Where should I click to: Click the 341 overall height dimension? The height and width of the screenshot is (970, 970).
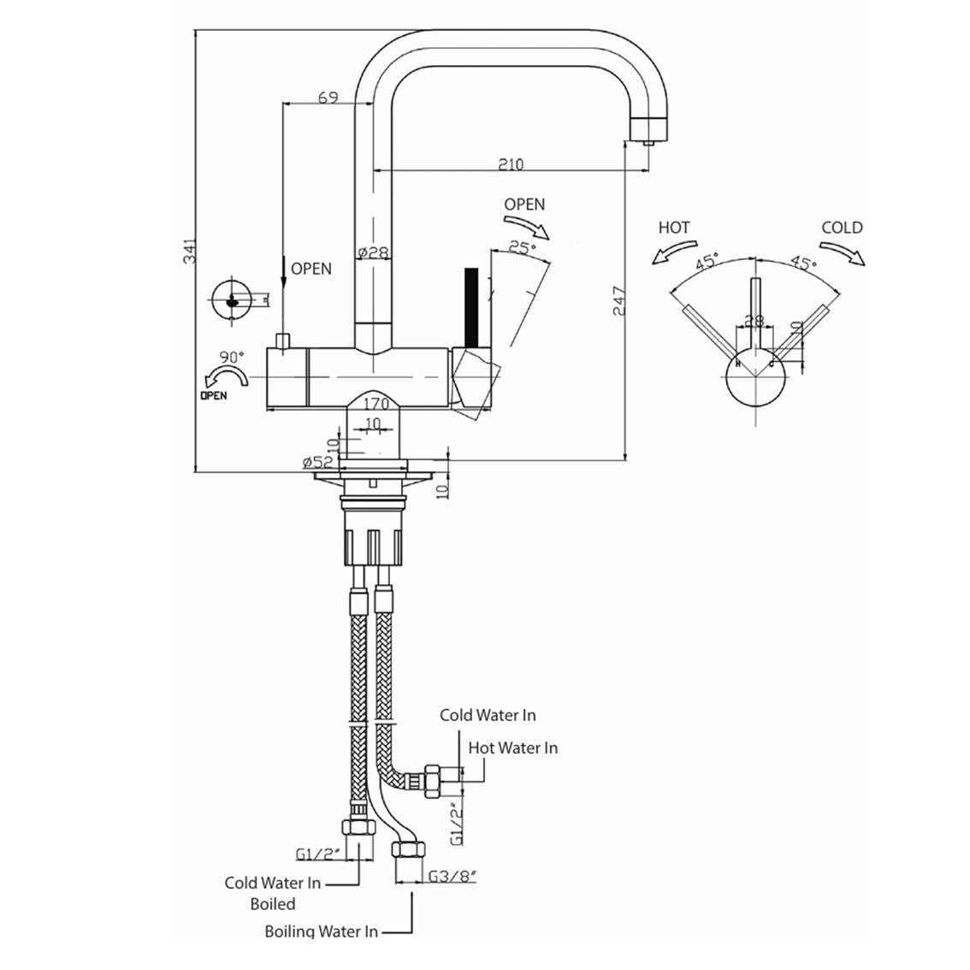[x=191, y=250]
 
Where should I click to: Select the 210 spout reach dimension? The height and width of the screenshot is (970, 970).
[x=511, y=164]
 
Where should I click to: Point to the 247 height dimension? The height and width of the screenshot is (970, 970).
[x=621, y=302]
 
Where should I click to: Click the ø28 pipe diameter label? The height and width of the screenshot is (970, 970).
[x=373, y=253]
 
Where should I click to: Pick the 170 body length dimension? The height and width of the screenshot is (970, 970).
[x=376, y=403]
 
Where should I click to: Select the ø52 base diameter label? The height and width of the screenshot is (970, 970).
[x=317, y=462]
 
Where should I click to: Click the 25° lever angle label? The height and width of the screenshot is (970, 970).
[x=522, y=248]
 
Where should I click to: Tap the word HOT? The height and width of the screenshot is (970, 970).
[x=674, y=228]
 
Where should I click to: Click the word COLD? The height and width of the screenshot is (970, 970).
[x=842, y=228]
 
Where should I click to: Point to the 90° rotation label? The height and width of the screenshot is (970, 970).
[x=232, y=357]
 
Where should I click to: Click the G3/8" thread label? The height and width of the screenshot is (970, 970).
[x=452, y=876]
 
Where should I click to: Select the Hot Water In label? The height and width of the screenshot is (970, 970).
[x=512, y=748]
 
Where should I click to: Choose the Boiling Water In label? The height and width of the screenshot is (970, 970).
[x=321, y=932]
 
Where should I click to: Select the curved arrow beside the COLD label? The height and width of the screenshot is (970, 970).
[x=847, y=251]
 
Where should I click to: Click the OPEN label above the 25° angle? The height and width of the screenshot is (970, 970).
[x=523, y=204]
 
